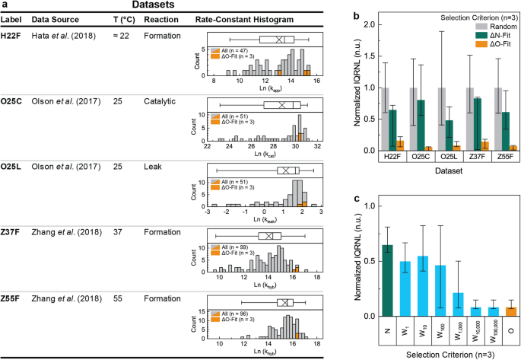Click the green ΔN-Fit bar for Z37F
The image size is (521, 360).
[456, 124]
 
